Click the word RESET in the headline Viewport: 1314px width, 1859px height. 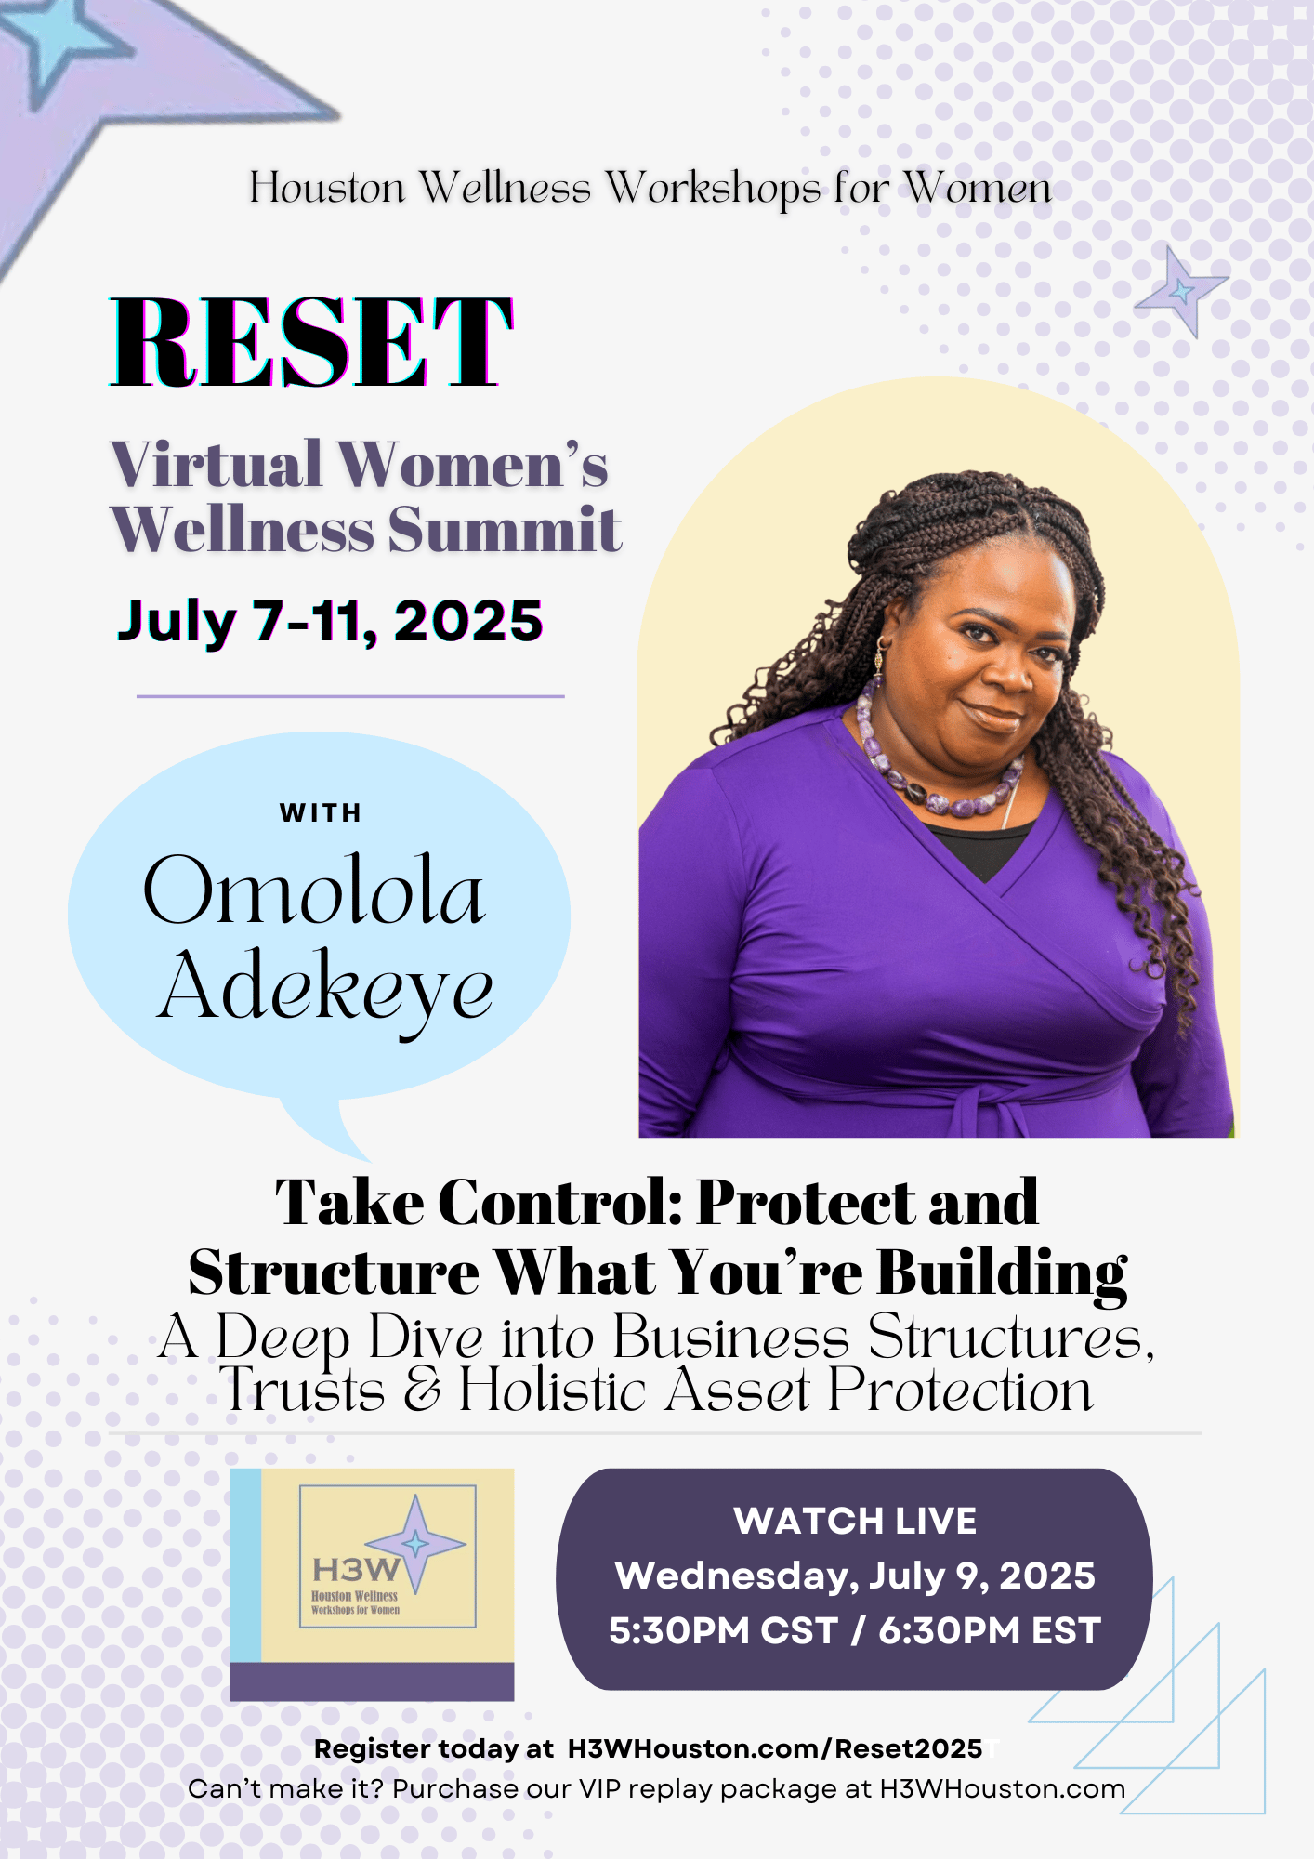click(x=311, y=341)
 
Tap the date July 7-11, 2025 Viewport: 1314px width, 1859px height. click(x=330, y=622)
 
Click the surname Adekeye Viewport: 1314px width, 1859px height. click(x=324, y=988)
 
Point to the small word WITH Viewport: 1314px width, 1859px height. click(x=321, y=813)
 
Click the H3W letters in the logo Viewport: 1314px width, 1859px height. click(x=356, y=1570)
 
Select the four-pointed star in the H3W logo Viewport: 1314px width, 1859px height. click(x=415, y=1544)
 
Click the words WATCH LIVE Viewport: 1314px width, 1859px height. click(x=855, y=1522)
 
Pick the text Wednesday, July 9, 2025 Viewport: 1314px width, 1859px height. click(x=855, y=1576)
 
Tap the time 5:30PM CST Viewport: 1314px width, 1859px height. click(x=724, y=1631)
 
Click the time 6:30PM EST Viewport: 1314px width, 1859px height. click(x=990, y=1631)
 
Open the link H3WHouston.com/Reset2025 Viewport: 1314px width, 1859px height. click(x=775, y=1748)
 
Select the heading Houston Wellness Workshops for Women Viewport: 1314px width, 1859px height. click(x=650, y=188)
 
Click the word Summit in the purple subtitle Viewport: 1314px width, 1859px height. click(x=505, y=530)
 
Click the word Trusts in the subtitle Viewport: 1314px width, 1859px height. click(x=303, y=1391)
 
